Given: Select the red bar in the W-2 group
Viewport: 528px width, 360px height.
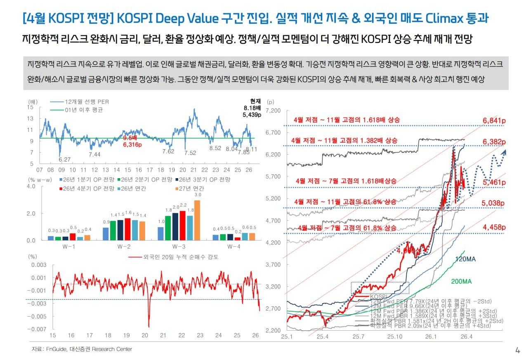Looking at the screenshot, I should coord(127,229).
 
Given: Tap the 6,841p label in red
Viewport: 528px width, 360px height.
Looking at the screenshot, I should coord(494,120).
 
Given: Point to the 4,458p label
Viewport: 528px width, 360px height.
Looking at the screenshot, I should coord(494,227).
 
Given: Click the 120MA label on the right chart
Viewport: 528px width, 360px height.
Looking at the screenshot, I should coord(466,259).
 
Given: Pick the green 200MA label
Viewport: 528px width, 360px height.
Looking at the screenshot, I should coord(461,281).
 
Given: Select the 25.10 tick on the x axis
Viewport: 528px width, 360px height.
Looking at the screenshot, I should coord(394,337).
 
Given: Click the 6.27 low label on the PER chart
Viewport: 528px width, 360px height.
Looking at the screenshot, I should coord(64,160).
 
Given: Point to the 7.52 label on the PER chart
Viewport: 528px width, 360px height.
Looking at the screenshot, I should coord(190,153).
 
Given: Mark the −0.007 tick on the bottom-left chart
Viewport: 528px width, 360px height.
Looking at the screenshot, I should coord(36,329).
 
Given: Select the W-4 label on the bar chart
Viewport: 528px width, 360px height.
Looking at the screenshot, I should coord(234,246).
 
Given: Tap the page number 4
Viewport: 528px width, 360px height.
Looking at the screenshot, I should coord(517,351).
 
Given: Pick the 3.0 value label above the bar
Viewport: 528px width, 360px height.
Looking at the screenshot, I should coord(198,195).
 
